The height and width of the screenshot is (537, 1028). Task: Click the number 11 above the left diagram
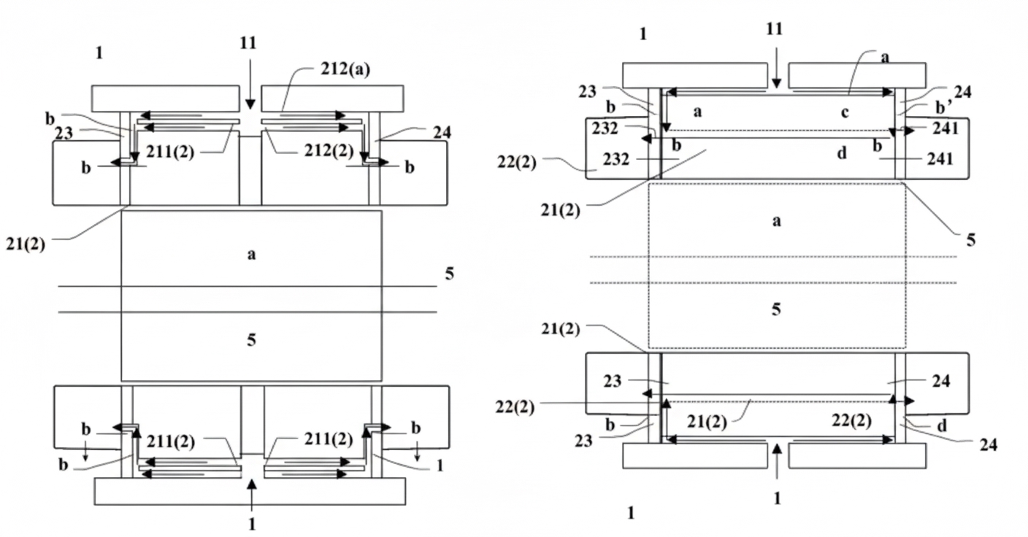[248, 42]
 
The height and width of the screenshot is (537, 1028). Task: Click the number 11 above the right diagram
[775, 28]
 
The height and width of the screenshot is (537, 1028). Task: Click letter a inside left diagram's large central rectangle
[251, 255]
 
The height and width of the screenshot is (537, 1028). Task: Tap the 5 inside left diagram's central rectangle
[251, 339]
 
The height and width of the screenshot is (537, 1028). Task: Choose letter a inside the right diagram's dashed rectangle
[777, 221]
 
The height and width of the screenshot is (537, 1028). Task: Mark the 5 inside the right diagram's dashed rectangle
[777, 309]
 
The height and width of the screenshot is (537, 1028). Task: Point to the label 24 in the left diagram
[441, 132]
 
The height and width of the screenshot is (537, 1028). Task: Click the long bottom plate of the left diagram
[250, 492]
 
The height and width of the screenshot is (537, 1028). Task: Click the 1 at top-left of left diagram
[99, 52]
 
